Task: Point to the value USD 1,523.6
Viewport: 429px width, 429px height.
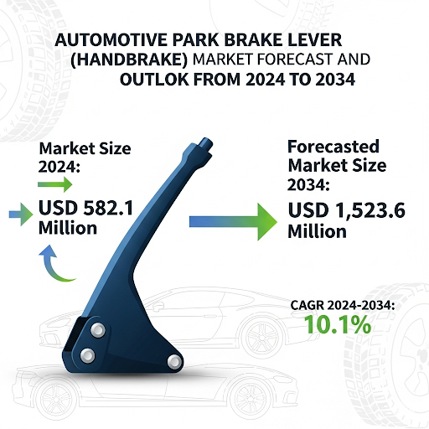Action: [x=347, y=211]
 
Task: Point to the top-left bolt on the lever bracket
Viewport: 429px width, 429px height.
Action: [x=98, y=329]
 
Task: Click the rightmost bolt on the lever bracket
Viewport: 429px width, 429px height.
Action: [x=174, y=360]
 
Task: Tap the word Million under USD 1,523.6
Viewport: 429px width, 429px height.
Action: [x=317, y=232]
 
